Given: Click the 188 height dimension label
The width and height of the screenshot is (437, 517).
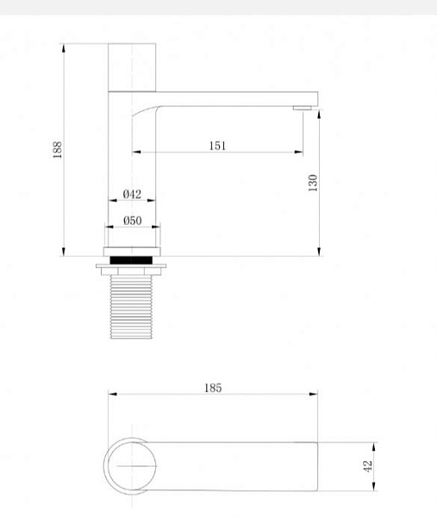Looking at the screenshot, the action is [x=58, y=150].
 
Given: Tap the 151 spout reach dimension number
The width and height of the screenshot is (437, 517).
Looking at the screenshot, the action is [x=218, y=146].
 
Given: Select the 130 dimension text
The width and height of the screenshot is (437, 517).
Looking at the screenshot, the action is [x=313, y=183].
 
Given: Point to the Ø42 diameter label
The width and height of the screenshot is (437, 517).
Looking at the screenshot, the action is [x=132, y=194].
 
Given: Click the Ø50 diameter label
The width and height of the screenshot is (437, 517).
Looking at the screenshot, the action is [x=133, y=221].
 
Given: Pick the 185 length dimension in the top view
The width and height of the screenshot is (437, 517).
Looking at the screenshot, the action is [x=213, y=388].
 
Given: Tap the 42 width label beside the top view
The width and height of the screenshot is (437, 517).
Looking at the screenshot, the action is [x=367, y=466].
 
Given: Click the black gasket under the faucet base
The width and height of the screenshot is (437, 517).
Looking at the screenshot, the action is [x=131, y=260].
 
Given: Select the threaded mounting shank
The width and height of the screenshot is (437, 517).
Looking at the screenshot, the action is [x=131, y=307].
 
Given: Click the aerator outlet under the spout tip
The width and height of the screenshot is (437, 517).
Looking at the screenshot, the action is [x=302, y=108].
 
